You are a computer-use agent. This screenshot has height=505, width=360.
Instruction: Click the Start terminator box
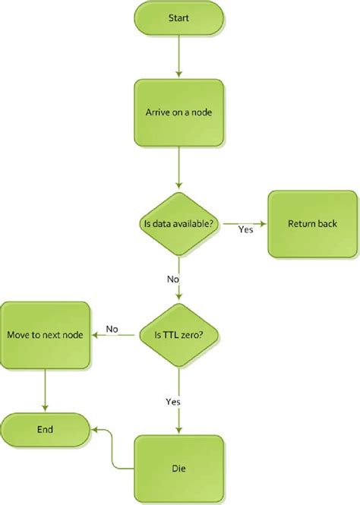180,17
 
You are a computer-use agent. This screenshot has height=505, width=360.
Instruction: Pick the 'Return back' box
311,224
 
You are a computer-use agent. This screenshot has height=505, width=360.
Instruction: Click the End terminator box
45,430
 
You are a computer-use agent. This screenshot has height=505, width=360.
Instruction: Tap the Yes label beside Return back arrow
246,229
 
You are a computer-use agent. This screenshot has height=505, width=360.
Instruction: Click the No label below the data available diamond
173,279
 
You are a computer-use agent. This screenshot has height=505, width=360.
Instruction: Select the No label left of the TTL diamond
112,329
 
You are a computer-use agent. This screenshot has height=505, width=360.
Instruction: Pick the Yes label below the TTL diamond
173,399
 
